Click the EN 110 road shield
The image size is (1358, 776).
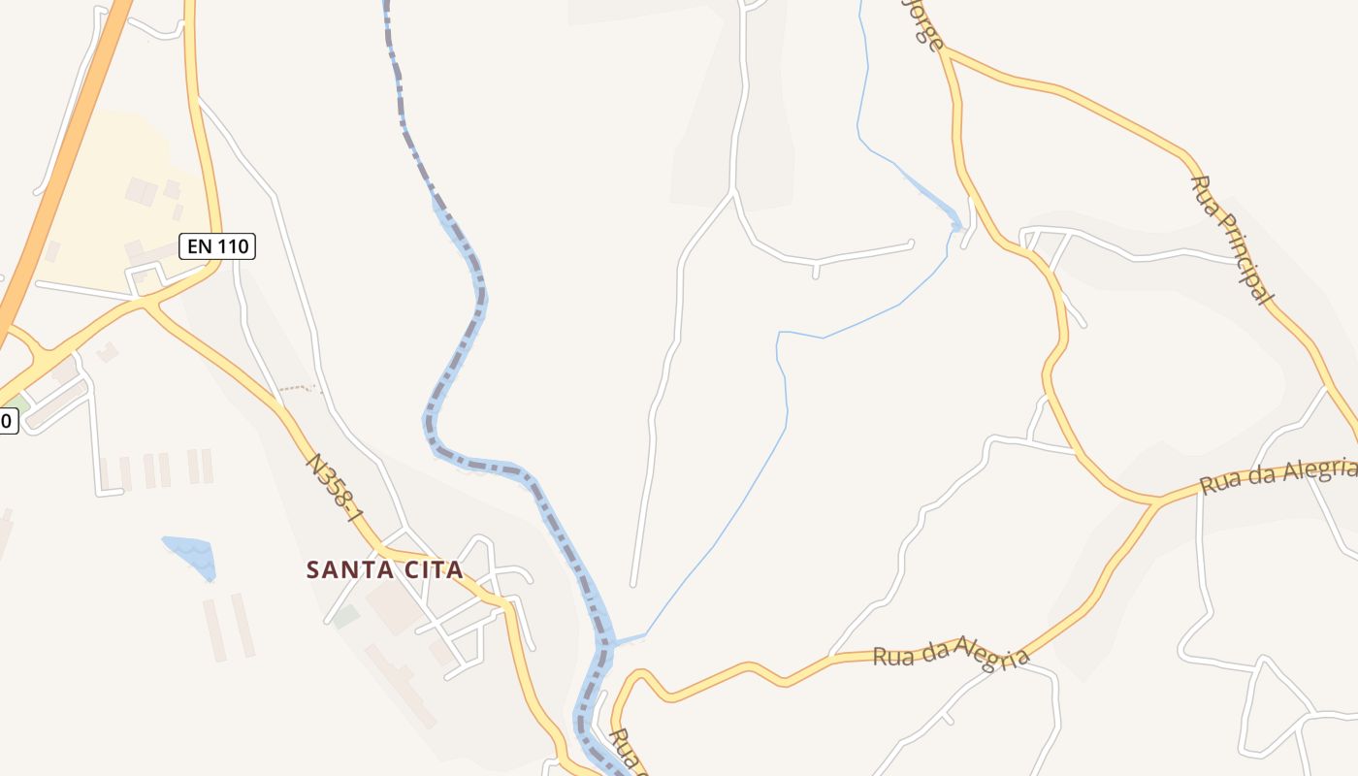coord(217,246)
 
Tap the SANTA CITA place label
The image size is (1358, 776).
coord(385,569)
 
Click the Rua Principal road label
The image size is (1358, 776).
coord(1231,240)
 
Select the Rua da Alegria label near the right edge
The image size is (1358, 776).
coord(1277,476)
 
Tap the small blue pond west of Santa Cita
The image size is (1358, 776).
coord(191,556)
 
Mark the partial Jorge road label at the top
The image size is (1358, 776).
coord(923,24)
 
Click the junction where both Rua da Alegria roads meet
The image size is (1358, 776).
coord(1156,502)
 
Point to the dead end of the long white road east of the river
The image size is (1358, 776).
coord(632,585)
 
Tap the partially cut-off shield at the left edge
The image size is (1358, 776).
coord(8,421)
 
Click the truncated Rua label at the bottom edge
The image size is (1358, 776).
coord(627,749)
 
